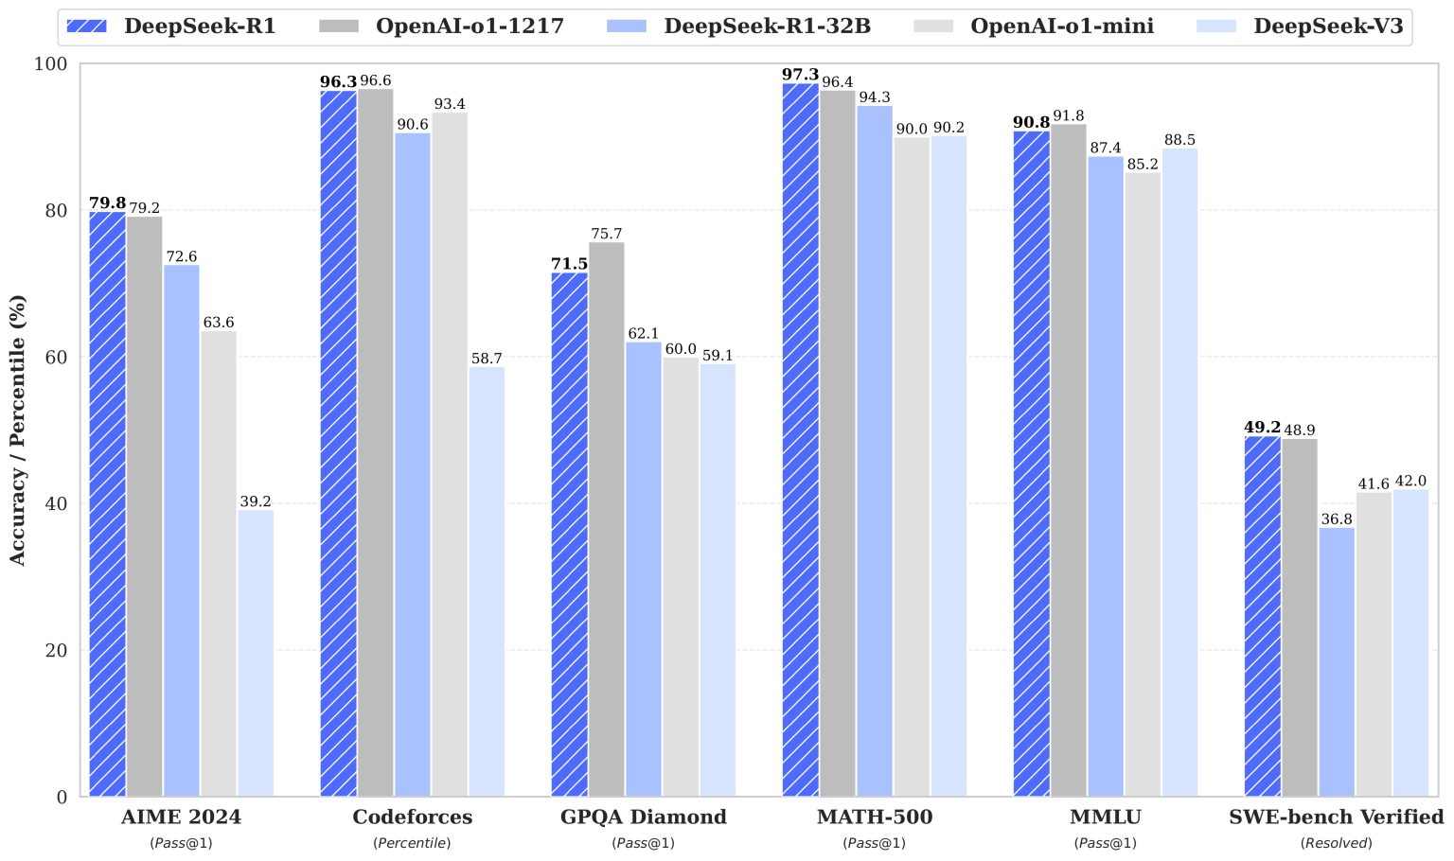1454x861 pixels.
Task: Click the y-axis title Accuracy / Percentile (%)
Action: pos(18,430)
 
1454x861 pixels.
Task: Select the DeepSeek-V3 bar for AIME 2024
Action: pos(256,653)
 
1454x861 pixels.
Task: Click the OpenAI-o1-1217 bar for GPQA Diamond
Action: pos(607,519)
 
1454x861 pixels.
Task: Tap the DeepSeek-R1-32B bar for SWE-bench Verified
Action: pos(1337,661)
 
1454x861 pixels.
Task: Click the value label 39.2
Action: pos(256,501)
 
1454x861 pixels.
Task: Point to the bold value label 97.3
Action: pos(801,75)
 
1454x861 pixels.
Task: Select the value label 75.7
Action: pos(607,234)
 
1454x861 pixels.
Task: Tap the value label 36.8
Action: pos(1337,518)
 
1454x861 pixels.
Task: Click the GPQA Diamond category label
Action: pos(644,817)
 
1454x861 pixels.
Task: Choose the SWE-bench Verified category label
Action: pos(1337,817)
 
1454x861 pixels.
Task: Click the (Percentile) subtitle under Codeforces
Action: pos(412,843)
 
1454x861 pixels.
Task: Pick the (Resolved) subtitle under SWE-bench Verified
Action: pos(1336,843)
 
